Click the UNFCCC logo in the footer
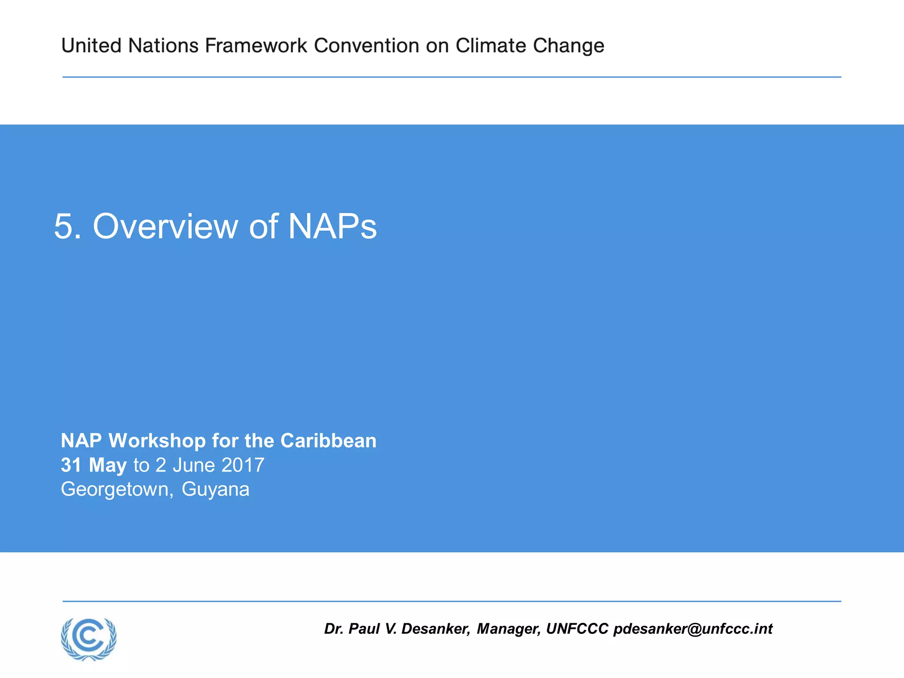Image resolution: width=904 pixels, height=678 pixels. coord(89,638)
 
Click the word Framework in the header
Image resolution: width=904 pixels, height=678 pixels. coord(256,45)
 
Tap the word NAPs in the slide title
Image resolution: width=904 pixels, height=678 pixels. coord(332,226)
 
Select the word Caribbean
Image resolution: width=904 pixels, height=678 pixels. coord(328,441)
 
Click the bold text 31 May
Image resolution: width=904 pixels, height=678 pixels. coord(94,465)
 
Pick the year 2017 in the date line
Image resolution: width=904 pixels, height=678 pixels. coord(243,465)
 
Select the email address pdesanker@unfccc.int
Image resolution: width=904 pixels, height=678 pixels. coord(693,629)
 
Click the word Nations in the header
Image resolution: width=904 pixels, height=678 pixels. coord(163,45)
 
